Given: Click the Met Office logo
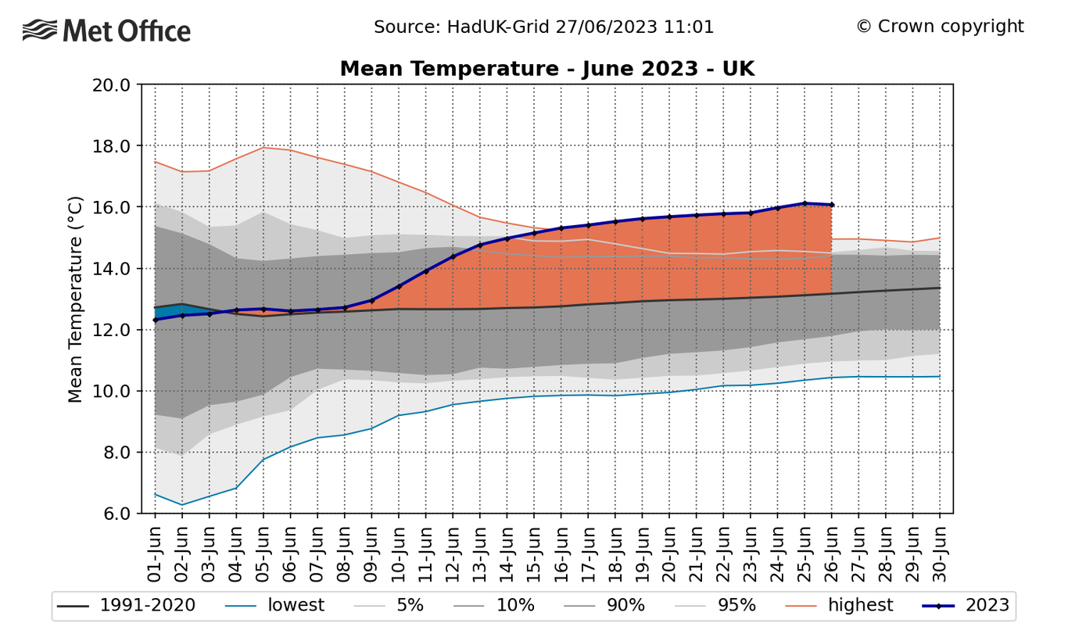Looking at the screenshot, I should tap(107, 31).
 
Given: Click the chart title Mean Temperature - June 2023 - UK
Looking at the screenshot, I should tap(547, 69).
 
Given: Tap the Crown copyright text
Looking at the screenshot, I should tap(940, 27).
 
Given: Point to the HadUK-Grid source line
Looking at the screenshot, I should tap(543, 27).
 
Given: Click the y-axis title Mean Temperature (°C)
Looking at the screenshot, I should tap(75, 299).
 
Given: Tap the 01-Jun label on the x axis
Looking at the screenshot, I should tap(155, 554).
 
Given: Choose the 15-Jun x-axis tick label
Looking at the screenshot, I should tap(534, 554).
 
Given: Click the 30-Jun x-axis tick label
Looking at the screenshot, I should tap(940, 554).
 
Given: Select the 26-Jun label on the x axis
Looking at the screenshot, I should tap(831, 554).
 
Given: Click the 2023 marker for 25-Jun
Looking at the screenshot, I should tap(805, 203).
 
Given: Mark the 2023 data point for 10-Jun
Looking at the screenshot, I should tap(399, 286).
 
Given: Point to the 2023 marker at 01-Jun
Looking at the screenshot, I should tap(155, 320).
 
